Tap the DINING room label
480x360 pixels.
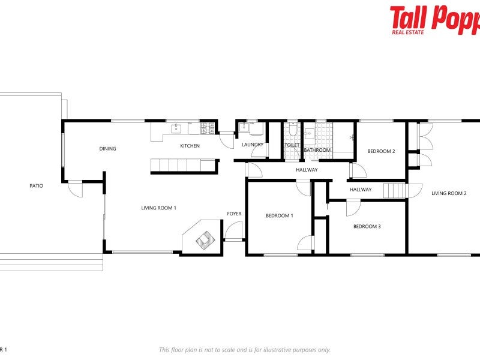point(108,149)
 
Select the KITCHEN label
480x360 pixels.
point(190,146)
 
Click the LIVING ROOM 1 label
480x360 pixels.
point(158,208)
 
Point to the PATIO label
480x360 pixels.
point(36,186)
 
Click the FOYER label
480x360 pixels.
point(234,214)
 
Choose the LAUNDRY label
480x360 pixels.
point(253,145)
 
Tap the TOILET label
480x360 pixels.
point(292,145)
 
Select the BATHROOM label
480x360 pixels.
point(317,150)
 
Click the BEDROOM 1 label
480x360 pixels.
point(280,215)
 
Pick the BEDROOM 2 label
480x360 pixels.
point(381,151)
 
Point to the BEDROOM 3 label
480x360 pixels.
point(367,226)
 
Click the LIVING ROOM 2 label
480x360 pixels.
point(449,193)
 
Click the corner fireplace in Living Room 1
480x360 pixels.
point(203,238)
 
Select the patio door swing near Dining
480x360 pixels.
point(76,188)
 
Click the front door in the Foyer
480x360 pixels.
point(233,232)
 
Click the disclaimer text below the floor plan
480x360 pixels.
point(244,350)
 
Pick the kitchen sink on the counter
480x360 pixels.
point(176,127)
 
